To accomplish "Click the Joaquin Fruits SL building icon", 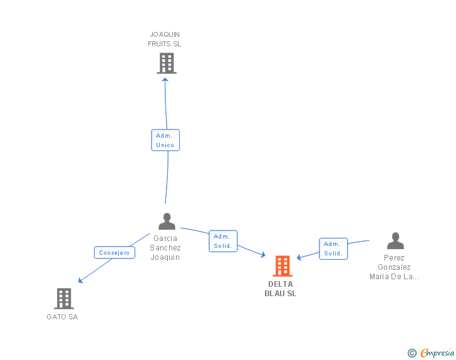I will click(x=166, y=63).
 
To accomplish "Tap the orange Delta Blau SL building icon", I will click(x=282, y=266).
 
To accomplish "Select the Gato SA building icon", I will click(x=64, y=299).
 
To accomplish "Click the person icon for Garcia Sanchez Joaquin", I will click(x=167, y=221).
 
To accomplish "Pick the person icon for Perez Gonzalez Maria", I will click(x=395, y=240).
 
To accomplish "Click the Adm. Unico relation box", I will click(x=165, y=140).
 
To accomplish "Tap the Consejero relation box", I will click(x=114, y=253).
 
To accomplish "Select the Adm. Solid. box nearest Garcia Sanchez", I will click(x=223, y=241).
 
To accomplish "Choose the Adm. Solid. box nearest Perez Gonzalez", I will click(x=333, y=249).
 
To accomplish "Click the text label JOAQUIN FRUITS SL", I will click(x=165, y=39).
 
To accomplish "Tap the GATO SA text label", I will click(x=62, y=317).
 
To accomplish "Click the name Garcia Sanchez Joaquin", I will click(x=165, y=247).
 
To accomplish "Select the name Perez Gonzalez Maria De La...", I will click(x=395, y=267).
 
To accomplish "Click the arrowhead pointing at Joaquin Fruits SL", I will click(x=165, y=79).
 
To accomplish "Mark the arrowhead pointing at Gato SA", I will click(x=80, y=280).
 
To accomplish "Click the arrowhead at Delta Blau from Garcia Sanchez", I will click(x=264, y=254).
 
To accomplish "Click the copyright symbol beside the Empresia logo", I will click(x=412, y=353).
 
